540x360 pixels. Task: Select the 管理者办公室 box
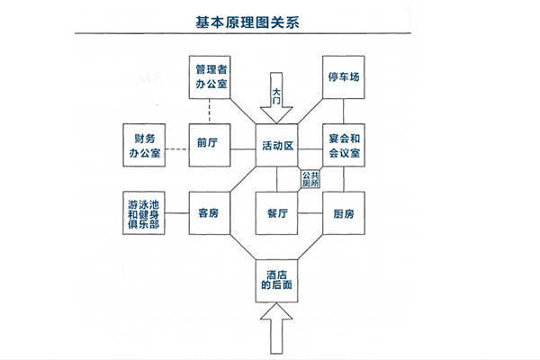(x=209, y=78)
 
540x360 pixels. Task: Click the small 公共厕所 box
(x=310, y=179)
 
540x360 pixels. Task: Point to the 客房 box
(x=209, y=213)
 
